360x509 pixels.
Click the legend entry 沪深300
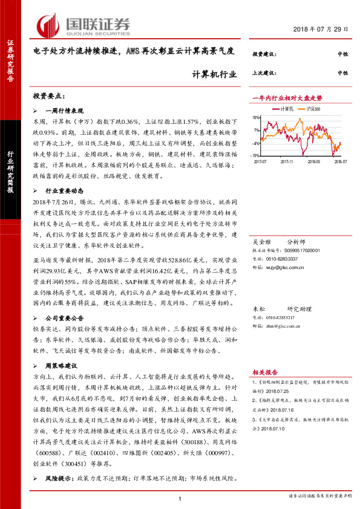click(313, 108)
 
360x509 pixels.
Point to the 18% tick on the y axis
click(257, 118)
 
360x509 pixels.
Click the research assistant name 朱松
click(258, 308)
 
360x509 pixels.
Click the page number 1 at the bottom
click(180, 498)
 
